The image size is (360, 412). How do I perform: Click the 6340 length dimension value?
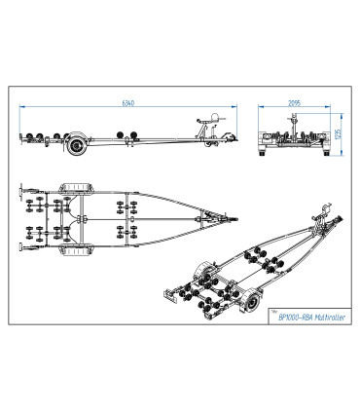pos(128,103)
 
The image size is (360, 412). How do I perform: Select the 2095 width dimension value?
pos(295,103)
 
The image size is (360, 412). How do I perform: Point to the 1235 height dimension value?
pos(339,134)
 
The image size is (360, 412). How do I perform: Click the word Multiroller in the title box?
pos(331,318)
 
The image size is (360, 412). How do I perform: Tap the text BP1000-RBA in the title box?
pos(296,318)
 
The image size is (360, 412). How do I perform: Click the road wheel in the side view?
pos(77,146)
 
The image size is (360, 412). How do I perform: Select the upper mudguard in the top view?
pos(76,188)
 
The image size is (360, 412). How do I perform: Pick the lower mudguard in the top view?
pos(76,250)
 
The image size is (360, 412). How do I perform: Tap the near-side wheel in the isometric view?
pos(252,301)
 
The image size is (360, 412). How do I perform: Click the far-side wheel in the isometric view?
pos(201,271)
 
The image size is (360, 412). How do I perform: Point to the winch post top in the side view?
pos(215,117)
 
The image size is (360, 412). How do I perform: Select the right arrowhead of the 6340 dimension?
pos(234,106)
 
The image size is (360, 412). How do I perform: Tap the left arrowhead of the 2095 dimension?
pos(261,106)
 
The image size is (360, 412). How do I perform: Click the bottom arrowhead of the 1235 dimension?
pos(342,153)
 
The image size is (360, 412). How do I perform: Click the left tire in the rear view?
pos(262,152)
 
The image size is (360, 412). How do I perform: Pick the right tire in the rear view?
pos(326,152)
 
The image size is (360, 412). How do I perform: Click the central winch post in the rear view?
pos(294,126)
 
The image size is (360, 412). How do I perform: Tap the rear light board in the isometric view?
pos(169,295)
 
